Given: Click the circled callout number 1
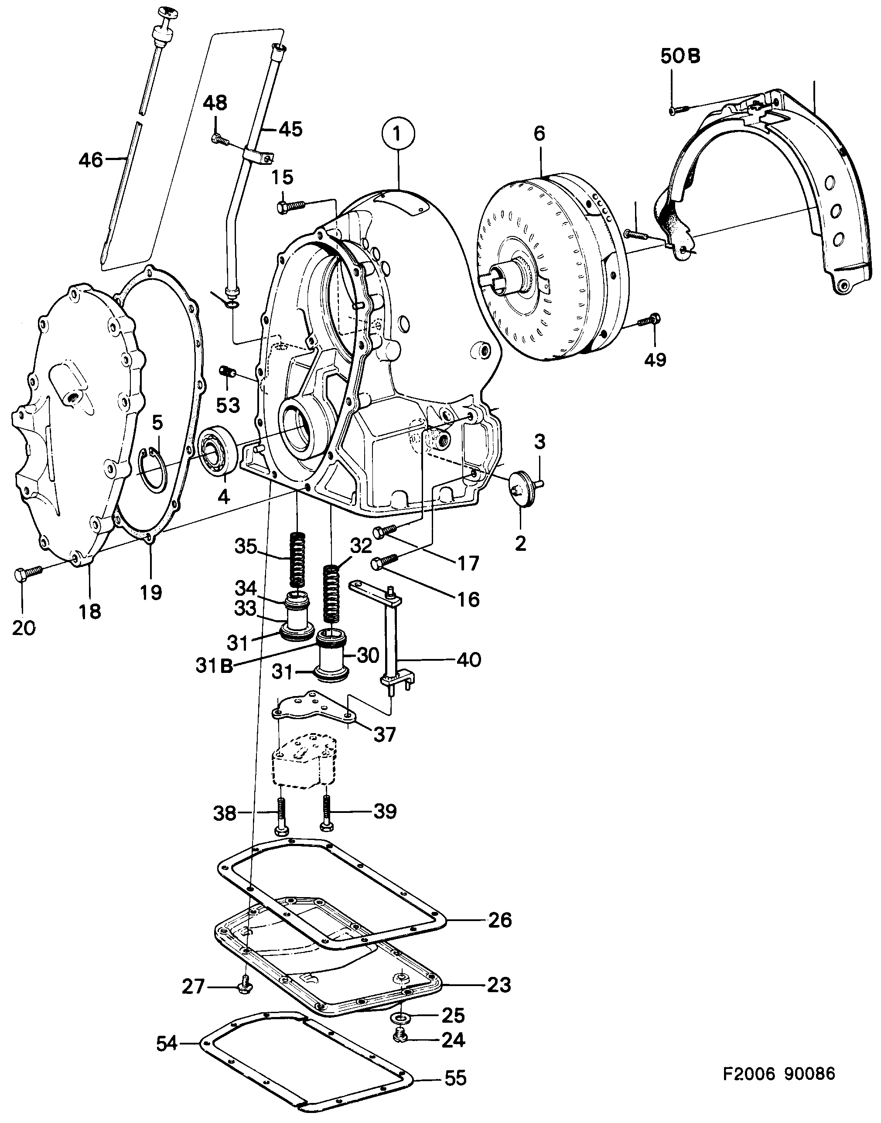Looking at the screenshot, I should tap(397, 135).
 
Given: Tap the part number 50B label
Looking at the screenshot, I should tap(680, 57).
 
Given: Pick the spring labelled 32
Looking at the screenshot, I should tap(333, 595).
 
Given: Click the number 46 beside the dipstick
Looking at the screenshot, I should tap(91, 160).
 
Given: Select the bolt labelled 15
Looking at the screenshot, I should tap(290, 207).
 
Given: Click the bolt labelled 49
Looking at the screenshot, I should tap(648, 321).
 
